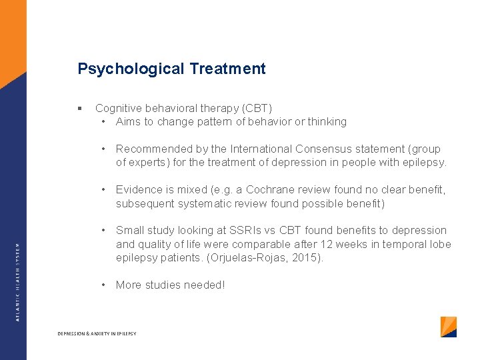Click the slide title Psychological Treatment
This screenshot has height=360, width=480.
click(x=171, y=69)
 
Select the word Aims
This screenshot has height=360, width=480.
click(x=129, y=121)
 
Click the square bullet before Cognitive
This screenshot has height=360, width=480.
click(x=79, y=108)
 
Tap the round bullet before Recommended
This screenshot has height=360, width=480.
click(x=105, y=149)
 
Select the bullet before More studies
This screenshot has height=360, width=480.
click(x=105, y=285)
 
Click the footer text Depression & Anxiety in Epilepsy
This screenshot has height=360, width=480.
click(x=97, y=333)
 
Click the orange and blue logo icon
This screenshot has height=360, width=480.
click(x=449, y=327)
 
